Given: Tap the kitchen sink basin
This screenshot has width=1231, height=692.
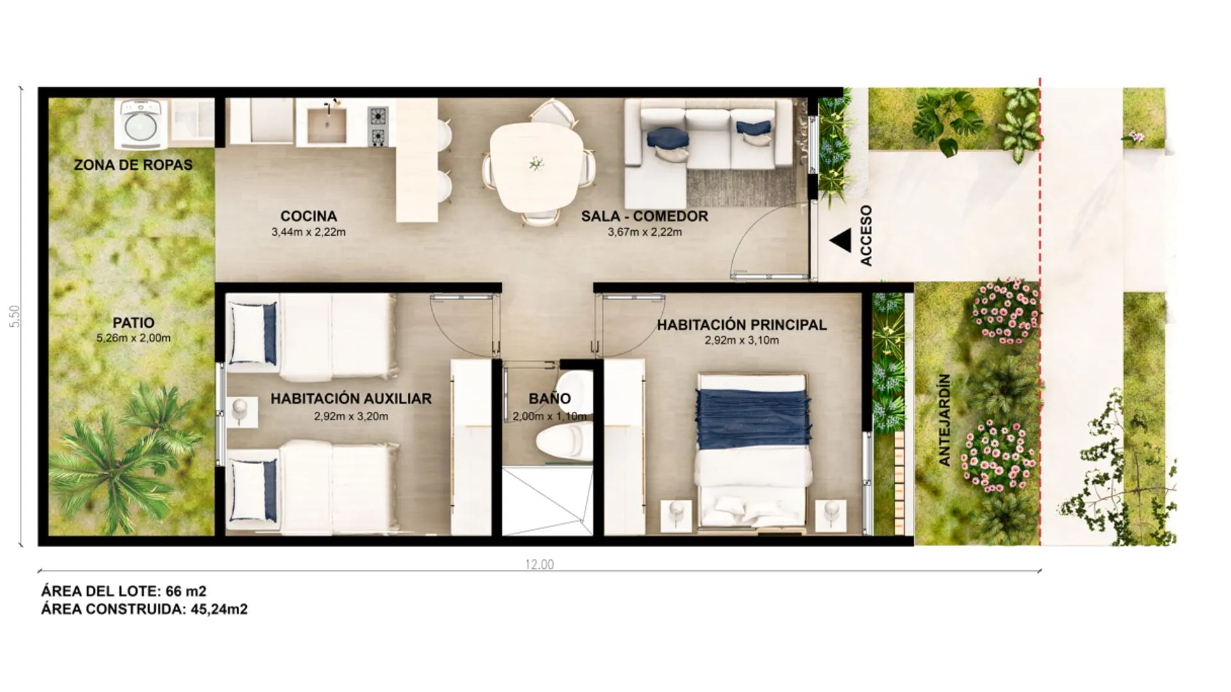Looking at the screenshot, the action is click(326, 125).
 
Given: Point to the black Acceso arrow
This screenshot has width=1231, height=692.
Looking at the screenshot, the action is click(840, 241).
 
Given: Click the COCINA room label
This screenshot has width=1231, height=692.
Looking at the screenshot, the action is click(308, 216).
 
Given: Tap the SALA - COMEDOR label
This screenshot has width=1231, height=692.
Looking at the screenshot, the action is click(644, 216).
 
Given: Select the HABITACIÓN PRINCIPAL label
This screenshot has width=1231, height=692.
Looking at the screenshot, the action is click(742, 325).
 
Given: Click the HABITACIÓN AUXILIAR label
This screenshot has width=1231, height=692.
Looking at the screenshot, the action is click(351, 399).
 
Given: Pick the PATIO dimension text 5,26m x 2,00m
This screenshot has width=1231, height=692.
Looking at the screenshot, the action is click(133, 338).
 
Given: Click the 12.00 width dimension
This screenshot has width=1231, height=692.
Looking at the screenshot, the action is click(539, 564).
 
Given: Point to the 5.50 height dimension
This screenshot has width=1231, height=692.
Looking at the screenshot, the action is click(15, 317).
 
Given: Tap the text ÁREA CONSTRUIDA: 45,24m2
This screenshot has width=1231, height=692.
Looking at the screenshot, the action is click(144, 609).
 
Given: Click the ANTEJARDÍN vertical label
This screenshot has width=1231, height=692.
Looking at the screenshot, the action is click(944, 420).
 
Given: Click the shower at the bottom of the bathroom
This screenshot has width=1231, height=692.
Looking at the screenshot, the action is click(547, 502).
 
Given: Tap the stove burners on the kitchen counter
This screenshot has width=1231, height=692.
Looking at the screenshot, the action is click(378, 126).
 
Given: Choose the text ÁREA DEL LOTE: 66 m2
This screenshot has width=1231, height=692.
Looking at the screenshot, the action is click(124, 591).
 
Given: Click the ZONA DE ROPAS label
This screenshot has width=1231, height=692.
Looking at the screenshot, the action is click(133, 165).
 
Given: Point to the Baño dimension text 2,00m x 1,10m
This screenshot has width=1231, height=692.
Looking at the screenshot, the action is click(549, 416).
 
